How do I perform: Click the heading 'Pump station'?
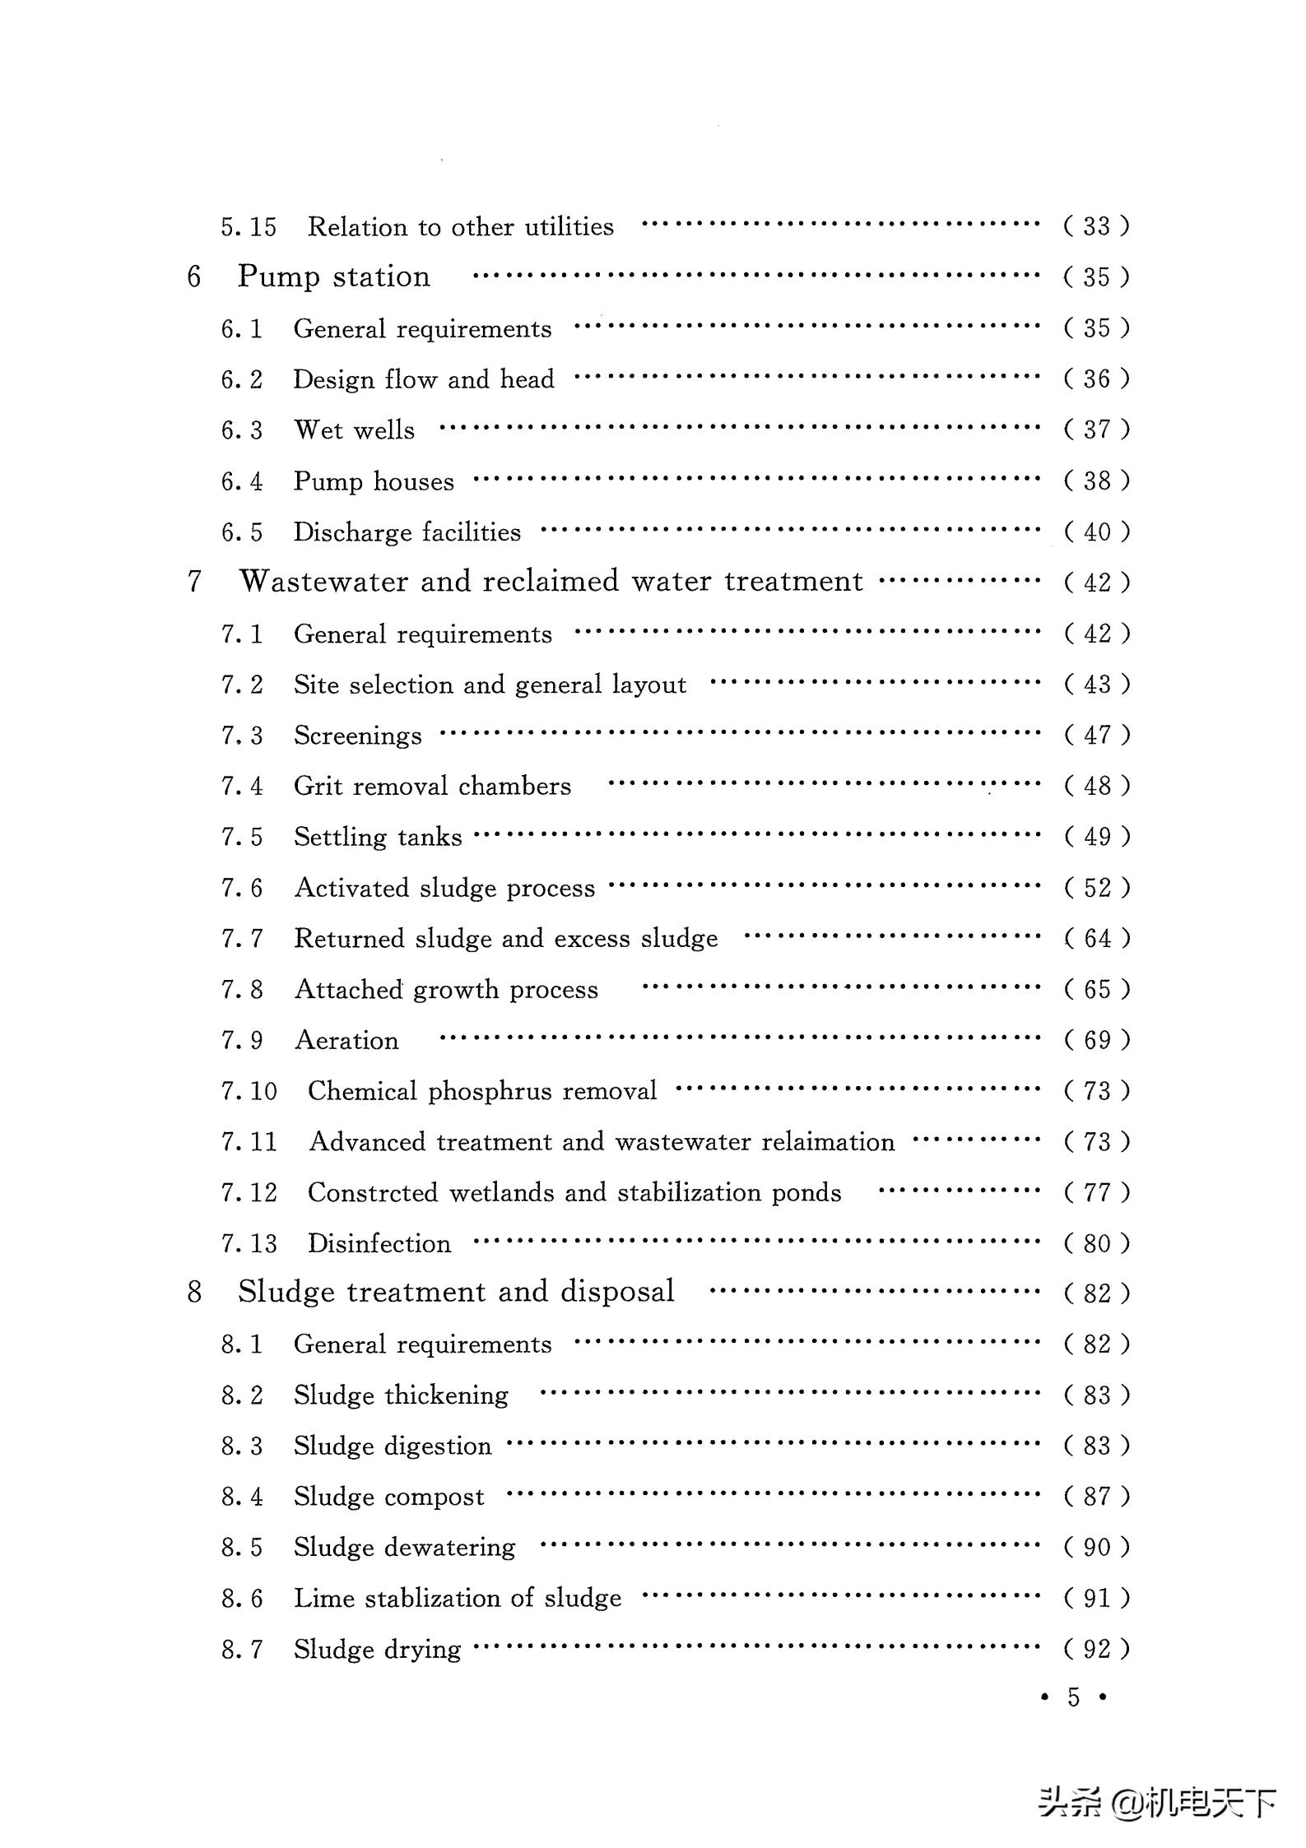point(333,276)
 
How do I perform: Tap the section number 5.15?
point(249,226)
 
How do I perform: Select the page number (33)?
point(1096,225)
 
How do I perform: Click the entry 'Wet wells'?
point(354,429)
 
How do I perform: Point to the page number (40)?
point(1096,532)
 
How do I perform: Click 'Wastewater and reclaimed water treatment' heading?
point(551,582)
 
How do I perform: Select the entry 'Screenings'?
point(357,736)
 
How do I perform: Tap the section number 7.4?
point(242,787)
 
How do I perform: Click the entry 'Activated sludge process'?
point(444,888)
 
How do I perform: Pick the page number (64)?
point(1096,939)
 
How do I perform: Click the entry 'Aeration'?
point(346,1041)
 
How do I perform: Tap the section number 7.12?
point(249,1193)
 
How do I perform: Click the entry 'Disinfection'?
point(379,1244)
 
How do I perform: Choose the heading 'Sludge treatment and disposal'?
point(456,1292)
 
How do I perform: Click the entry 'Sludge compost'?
point(388,1497)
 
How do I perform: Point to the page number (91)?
point(1096,1599)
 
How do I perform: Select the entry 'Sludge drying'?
point(377,1650)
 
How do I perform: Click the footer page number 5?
point(1073,1697)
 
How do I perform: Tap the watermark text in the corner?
point(1156,1803)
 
